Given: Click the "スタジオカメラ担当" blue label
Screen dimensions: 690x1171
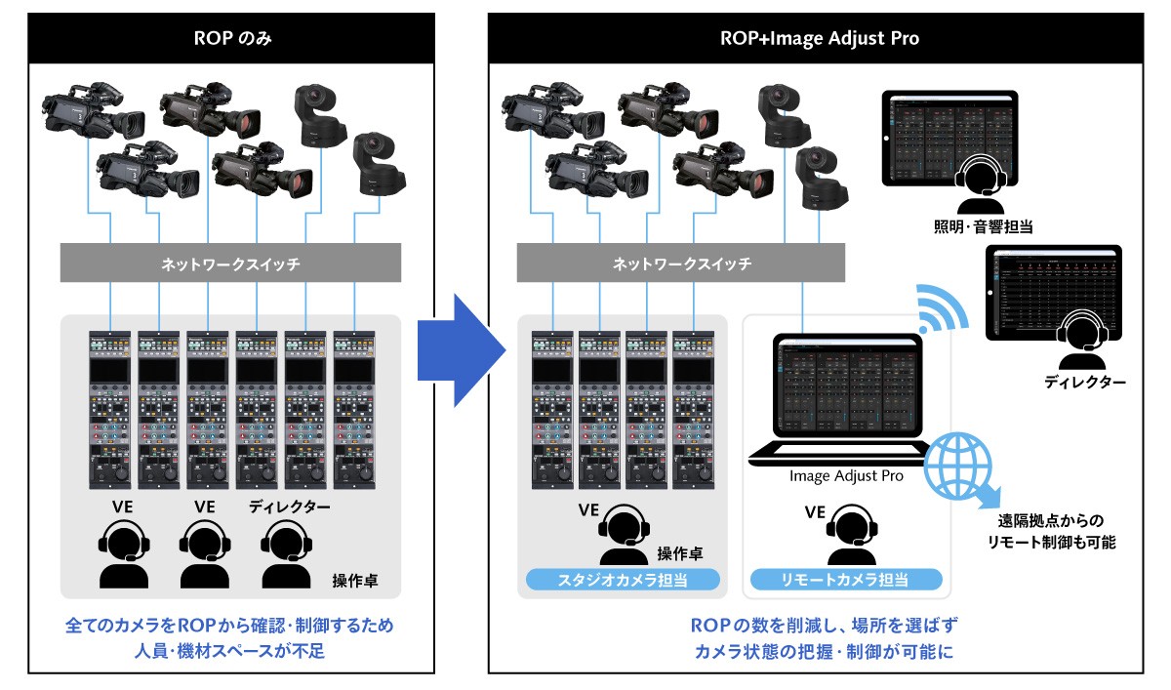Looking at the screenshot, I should tap(624, 580).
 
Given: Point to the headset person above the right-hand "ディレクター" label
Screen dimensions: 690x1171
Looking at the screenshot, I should tap(1082, 334).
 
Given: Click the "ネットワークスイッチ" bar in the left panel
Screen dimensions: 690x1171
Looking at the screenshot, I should tap(231, 264).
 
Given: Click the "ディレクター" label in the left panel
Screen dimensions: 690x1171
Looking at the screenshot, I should tap(289, 507).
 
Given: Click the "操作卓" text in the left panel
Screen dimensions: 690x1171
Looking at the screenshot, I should tap(355, 582).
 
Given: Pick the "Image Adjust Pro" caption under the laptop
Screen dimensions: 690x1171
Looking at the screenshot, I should tap(846, 476).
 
